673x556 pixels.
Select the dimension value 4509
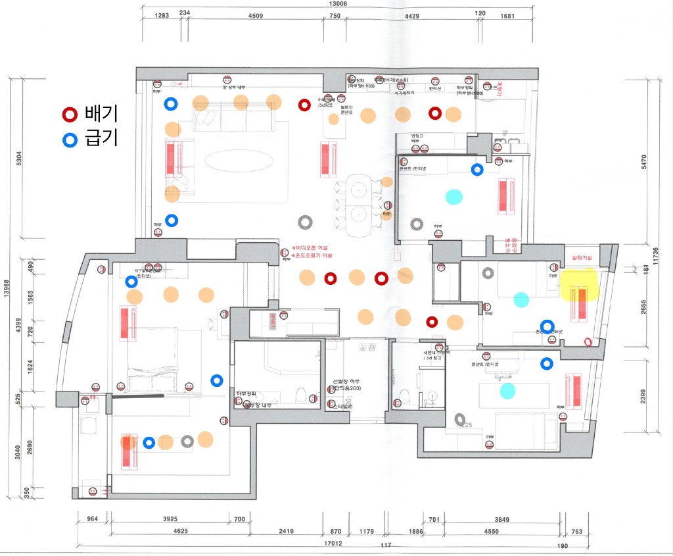tap(255, 16)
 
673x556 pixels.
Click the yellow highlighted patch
tap(581, 284)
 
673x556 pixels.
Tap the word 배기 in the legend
tap(101, 114)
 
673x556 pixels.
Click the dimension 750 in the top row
tap(335, 16)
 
